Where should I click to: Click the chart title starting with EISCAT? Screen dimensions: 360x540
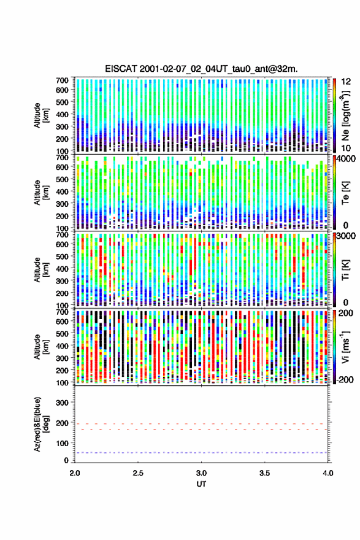201,69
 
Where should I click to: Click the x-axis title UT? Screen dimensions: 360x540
201,484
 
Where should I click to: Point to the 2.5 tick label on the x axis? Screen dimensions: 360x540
138,473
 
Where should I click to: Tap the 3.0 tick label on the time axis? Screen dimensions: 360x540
201,473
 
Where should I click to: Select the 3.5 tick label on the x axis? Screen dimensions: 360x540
264,473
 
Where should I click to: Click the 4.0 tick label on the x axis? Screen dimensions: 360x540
328,473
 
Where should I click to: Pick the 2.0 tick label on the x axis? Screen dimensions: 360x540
75,473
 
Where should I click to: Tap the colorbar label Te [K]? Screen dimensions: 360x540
345,193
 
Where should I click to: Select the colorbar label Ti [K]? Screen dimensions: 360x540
345,270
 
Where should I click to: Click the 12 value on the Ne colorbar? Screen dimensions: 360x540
346,82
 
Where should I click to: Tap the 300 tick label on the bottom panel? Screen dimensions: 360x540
63,403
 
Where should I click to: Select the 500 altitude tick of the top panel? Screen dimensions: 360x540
63,102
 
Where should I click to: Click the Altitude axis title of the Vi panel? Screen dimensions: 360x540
41,347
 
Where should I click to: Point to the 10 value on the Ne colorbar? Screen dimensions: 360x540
346,148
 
